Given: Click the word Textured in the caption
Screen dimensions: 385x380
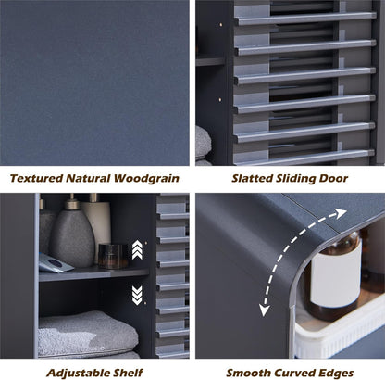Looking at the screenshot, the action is [x=36, y=178].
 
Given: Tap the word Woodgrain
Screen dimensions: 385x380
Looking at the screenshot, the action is [x=146, y=179].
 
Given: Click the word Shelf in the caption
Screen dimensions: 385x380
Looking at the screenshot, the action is [x=129, y=373].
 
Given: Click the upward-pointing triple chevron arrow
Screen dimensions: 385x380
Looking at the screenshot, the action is [x=137, y=250].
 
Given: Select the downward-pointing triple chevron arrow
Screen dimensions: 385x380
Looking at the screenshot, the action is [x=137, y=295].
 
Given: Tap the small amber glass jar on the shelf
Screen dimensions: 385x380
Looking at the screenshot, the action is [x=113, y=256].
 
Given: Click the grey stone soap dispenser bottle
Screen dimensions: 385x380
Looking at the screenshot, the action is [x=72, y=234].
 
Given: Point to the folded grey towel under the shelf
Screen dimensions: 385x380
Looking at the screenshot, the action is [x=88, y=333].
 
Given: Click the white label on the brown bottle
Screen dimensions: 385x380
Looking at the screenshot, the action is [x=336, y=273].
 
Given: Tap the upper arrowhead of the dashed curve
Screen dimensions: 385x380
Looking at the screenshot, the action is [x=341, y=213].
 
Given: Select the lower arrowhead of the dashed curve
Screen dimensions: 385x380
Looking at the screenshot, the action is [x=264, y=310].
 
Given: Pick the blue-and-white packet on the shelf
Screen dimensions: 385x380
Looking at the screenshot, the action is [x=55, y=263].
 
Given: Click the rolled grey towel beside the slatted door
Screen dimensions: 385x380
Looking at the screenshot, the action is [x=203, y=143].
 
